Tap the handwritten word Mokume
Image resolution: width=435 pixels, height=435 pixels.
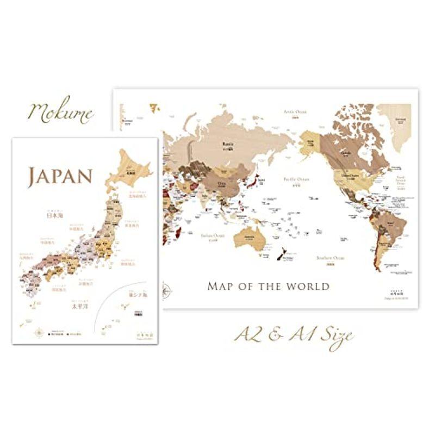[61, 113]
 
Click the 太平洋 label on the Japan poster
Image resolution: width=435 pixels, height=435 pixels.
[80, 306]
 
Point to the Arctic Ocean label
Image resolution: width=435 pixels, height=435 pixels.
[294, 112]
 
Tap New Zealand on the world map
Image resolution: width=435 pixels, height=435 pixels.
[282, 255]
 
